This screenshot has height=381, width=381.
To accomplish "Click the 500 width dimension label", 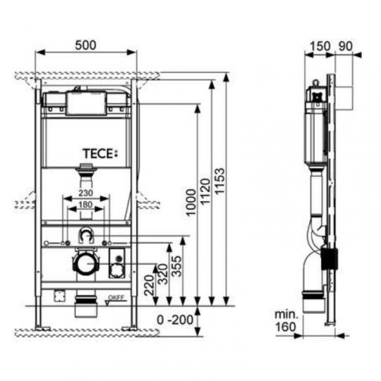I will coord(85,43).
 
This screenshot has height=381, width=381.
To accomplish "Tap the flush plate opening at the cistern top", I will coord(85,104).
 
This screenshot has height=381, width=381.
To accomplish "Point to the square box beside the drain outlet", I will coord(116,269).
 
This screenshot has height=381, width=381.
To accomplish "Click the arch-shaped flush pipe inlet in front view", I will coord(85,236).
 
